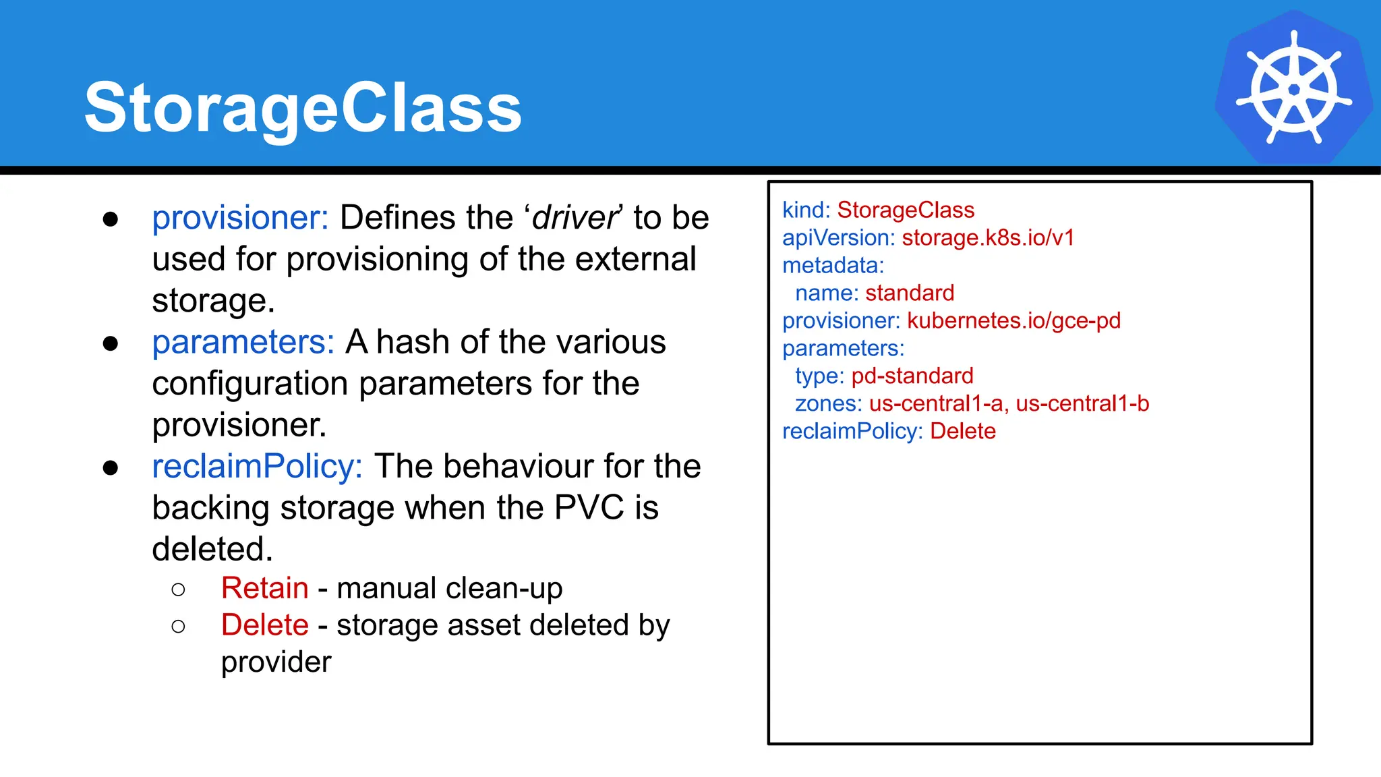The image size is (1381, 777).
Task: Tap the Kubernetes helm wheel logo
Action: (x=1293, y=88)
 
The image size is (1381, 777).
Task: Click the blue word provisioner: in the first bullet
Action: (x=240, y=218)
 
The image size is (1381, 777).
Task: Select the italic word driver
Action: (x=575, y=218)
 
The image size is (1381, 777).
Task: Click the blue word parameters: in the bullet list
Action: (x=243, y=342)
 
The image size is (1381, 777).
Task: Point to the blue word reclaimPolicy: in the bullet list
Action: (x=257, y=466)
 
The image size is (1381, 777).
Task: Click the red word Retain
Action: (x=264, y=588)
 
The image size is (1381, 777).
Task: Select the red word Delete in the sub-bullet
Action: (x=264, y=625)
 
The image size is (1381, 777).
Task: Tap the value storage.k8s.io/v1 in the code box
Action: (x=988, y=238)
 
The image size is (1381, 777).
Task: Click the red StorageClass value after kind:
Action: (x=906, y=210)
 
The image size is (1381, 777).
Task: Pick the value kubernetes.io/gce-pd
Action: (x=1013, y=321)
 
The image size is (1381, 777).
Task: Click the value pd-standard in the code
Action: (x=912, y=376)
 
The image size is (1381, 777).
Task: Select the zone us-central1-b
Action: (x=1082, y=404)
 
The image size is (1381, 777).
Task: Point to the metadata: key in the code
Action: (x=833, y=266)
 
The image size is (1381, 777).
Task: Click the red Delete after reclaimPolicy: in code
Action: (x=962, y=432)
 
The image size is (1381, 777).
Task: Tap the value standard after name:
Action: (x=910, y=293)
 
